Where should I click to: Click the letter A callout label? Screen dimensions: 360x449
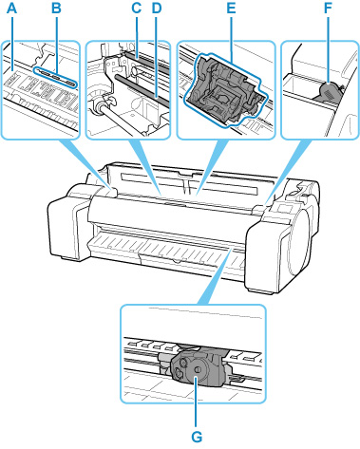point(11,9)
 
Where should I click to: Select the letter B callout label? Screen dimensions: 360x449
point(56,9)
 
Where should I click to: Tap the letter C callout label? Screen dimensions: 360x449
point(137,9)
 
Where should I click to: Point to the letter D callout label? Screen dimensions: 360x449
point(157,9)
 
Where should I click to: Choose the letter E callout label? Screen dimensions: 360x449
point(232,9)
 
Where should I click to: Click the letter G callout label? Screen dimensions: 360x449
point(197,437)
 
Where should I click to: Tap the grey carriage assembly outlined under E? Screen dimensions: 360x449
point(226,89)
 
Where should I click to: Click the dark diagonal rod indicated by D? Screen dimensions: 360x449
point(143,89)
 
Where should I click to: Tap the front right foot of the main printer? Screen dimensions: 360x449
point(260,290)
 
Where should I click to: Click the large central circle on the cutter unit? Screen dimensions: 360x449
point(197,369)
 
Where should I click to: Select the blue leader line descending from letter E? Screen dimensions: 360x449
point(232,38)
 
